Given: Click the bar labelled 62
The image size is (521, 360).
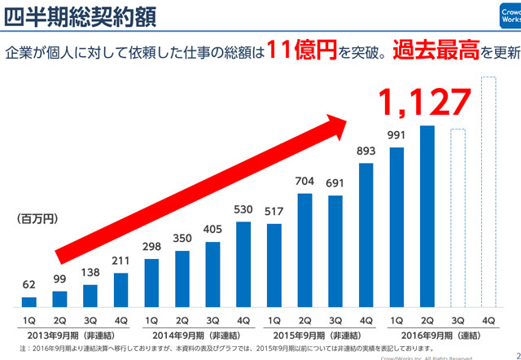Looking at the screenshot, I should click(29, 302).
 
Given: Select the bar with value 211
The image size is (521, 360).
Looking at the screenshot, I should click(120, 290).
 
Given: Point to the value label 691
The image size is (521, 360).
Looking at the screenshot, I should click(335, 185).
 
